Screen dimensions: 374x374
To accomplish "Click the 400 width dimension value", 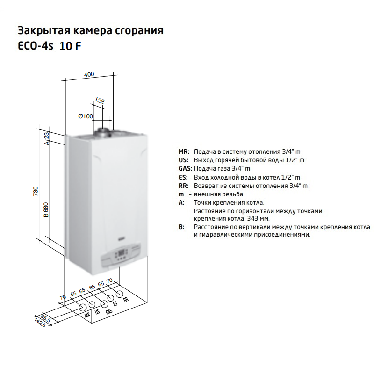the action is (x=89, y=74).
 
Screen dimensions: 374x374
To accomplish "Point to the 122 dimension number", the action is (x=100, y=100).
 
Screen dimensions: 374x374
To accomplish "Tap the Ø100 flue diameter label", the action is (x=86, y=116).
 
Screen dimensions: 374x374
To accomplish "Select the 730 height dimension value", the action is (x=36, y=191).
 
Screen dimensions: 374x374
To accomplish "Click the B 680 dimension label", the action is (x=46, y=209).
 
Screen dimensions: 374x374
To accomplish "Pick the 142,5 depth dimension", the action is (x=40, y=322).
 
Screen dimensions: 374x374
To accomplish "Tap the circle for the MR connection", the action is (x=83, y=307).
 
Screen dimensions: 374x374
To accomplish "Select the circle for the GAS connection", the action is (x=104, y=304).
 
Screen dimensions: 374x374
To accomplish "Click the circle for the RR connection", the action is (x=120, y=294).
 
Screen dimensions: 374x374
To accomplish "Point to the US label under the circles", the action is (x=97, y=311).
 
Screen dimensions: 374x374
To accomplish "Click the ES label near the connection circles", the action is (x=115, y=303).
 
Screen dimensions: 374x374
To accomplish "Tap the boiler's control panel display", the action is (x=122, y=252).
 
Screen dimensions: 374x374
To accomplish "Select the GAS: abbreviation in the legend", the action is (x=185, y=169).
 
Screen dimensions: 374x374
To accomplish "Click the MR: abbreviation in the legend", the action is (x=184, y=151).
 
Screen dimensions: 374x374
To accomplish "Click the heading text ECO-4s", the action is (x=36, y=46).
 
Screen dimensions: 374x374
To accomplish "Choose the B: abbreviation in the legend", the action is (x=181, y=227).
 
